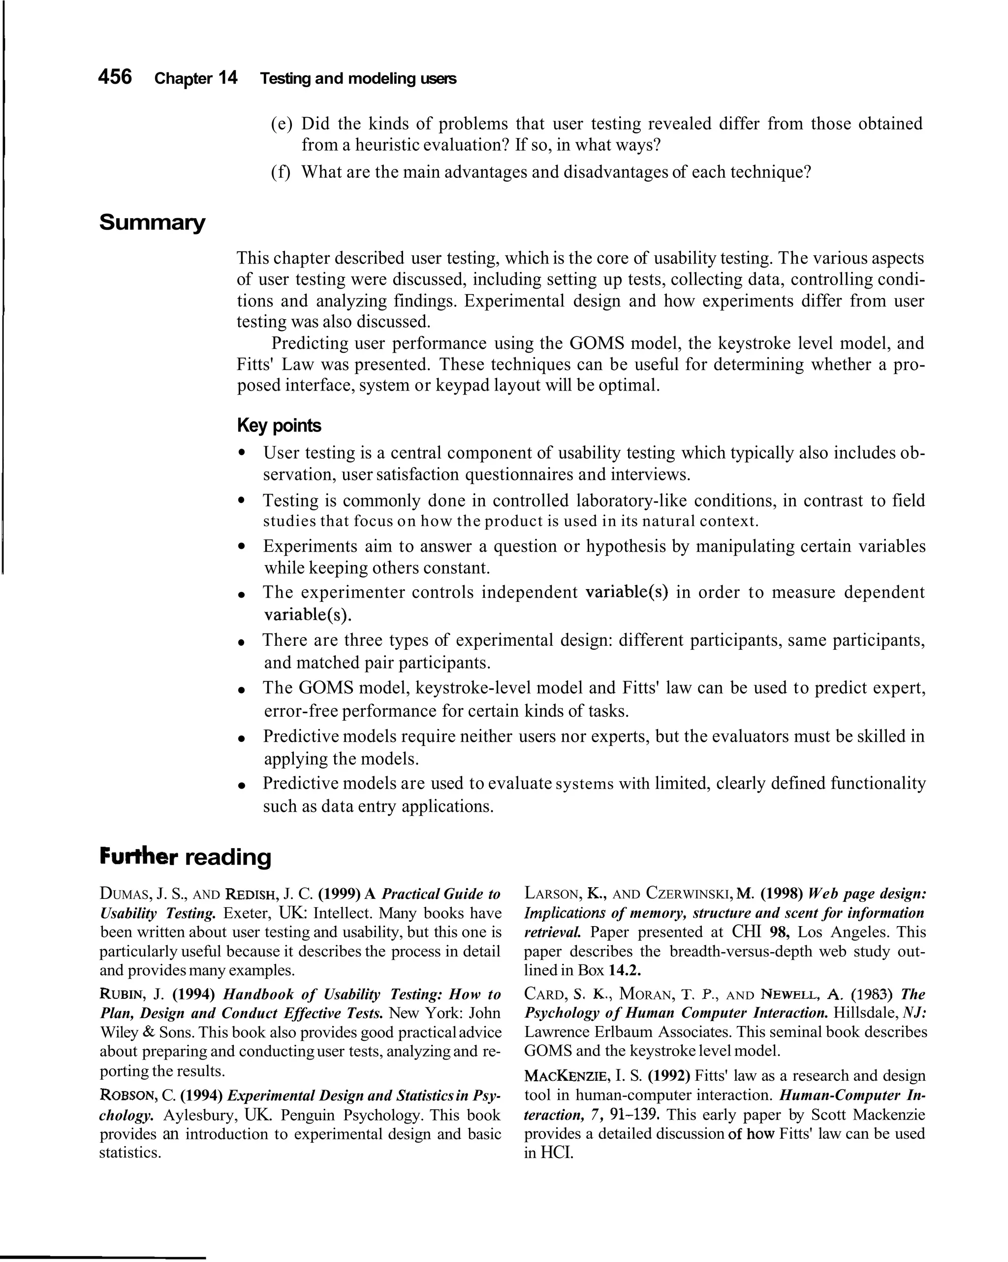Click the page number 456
pos(115,77)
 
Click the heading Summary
pos(152,223)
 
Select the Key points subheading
pos(279,426)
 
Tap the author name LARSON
pos(550,894)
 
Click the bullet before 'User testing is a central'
pos(241,454)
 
